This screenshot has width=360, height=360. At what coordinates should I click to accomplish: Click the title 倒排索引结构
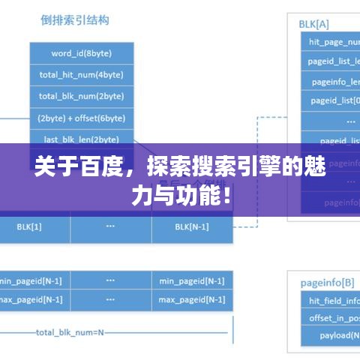(x=75, y=20)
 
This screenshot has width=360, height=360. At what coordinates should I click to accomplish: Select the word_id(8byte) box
(x=82, y=53)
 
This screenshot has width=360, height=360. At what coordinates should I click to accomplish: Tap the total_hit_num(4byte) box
(x=82, y=75)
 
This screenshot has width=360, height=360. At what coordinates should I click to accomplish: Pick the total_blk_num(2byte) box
(x=82, y=96)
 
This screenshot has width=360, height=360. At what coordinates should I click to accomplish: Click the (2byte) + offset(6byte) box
(x=82, y=118)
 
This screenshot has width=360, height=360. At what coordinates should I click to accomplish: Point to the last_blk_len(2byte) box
(x=82, y=138)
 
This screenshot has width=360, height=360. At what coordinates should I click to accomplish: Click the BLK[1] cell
(x=29, y=226)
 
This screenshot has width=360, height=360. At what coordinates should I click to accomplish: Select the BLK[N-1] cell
(x=192, y=226)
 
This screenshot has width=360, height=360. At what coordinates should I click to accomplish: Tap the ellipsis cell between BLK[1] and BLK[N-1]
(x=110, y=226)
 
